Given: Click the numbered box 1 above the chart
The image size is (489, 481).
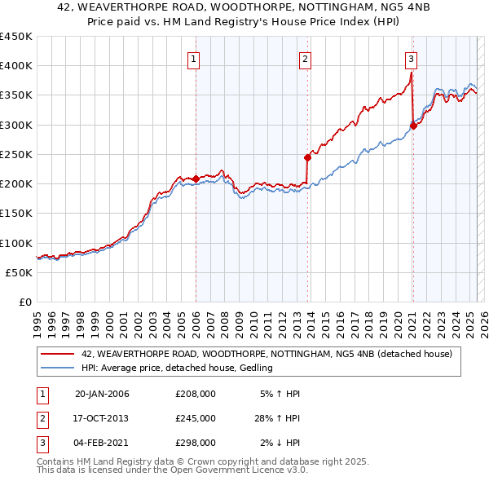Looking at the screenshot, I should (194, 59).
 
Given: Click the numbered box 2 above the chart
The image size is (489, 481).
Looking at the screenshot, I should (304, 59).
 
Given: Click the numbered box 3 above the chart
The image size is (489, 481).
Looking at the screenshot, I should (412, 59).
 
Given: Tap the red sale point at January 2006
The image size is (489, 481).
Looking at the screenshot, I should (196, 179).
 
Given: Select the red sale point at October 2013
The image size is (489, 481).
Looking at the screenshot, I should (307, 157).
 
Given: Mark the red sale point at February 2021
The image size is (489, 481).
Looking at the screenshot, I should (413, 126).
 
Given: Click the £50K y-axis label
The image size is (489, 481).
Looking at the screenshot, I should (20, 272).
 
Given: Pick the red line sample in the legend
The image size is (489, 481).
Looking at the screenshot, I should (58, 354).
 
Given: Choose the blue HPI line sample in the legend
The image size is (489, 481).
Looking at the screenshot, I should (58, 368).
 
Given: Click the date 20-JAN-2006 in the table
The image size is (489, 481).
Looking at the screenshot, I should (102, 395).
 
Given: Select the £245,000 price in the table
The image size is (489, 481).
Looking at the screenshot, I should (196, 418).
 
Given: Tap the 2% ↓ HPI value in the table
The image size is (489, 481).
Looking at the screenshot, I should (280, 443).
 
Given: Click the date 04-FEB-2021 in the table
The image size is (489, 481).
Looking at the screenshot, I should (102, 443).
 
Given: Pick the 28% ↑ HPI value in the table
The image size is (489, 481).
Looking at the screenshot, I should (278, 418).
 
